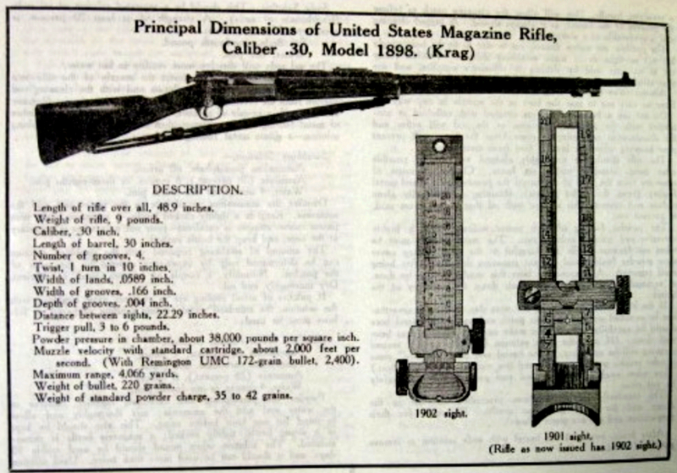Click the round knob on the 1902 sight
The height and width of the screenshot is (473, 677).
pos(477,335)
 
